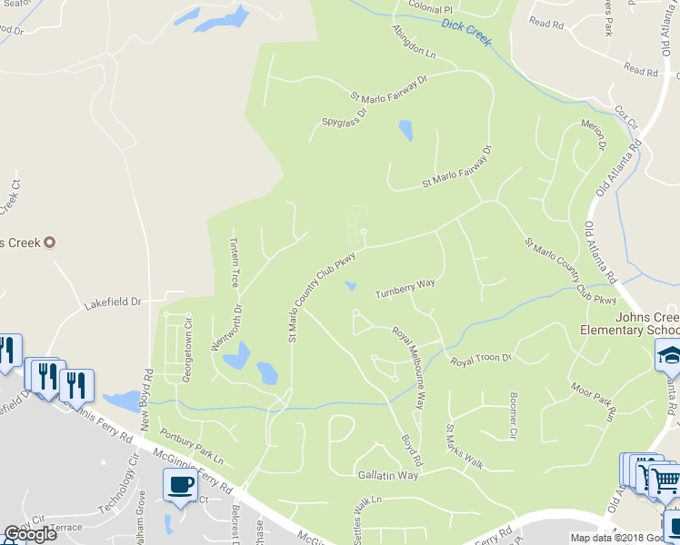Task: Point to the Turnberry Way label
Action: [405, 289]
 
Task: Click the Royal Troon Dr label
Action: [482, 360]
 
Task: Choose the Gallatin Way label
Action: [388, 475]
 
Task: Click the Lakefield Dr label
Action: [113, 302]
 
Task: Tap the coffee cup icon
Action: [180, 484]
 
